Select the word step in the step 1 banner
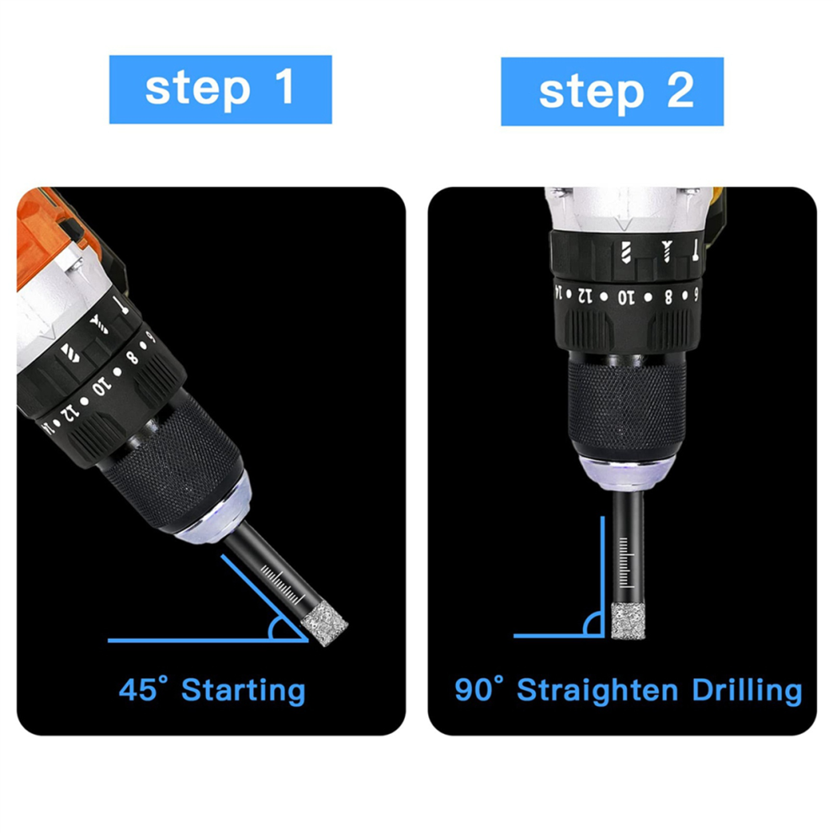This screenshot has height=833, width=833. [198, 90]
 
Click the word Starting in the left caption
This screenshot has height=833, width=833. [243, 691]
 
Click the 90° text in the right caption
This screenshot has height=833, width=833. [480, 688]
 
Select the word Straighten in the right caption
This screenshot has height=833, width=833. [597, 691]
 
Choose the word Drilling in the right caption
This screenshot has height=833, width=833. [747, 691]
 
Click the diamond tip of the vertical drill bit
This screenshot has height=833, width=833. [628, 621]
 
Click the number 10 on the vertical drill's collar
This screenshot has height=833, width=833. [626, 298]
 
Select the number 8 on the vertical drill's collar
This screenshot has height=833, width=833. [668, 296]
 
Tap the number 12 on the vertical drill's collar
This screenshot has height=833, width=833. [585, 295]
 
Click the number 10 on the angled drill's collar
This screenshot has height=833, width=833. [102, 385]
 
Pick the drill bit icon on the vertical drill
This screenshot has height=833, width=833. [626, 252]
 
